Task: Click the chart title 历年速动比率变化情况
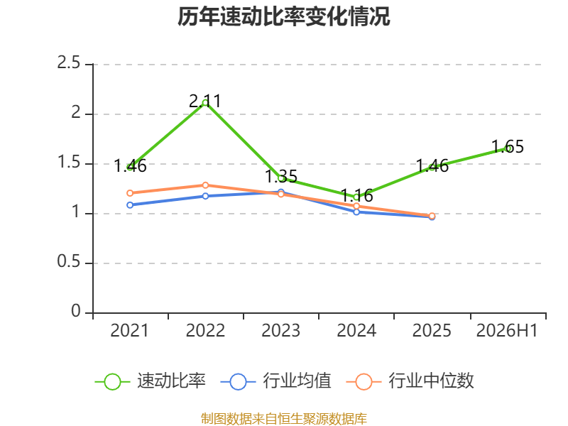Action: click(x=283, y=16)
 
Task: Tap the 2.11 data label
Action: click(x=205, y=101)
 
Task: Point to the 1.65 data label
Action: click(x=508, y=147)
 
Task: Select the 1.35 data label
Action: click(x=281, y=177)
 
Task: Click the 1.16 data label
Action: click(x=357, y=196)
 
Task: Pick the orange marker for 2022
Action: click(x=205, y=185)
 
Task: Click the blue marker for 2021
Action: click(x=130, y=205)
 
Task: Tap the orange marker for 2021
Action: click(x=130, y=193)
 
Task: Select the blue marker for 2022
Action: click(x=205, y=196)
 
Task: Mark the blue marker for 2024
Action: click(x=356, y=212)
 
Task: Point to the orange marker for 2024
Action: click(x=356, y=206)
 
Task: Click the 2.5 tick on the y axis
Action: click(x=69, y=63)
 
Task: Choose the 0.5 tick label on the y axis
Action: click(x=69, y=261)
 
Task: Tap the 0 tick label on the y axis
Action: click(x=76, y=311)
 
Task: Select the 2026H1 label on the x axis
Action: click(x=507, y=331)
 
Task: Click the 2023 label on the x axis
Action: click(x=281, y=331)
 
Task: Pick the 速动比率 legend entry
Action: click(x=151, y=381)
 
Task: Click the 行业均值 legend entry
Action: click(x=276, y=381)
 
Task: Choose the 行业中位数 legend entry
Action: click(x=410, y=381)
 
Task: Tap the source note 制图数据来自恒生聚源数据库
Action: click(x=283, y=419)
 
